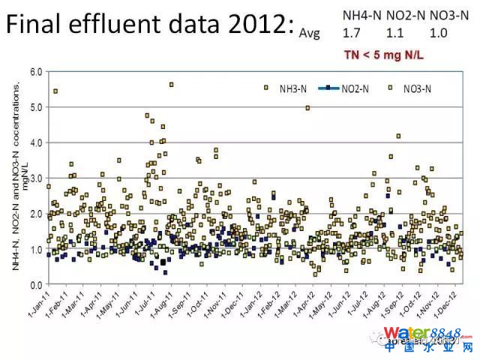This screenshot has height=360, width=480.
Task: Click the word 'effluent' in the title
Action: (127, 26)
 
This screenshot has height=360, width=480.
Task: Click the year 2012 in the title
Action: (247, 26)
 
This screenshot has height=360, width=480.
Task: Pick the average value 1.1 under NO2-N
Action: (394, 33)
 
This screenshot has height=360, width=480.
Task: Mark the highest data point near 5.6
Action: (171, 85)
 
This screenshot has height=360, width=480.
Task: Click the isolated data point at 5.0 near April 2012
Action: (307, 108)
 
